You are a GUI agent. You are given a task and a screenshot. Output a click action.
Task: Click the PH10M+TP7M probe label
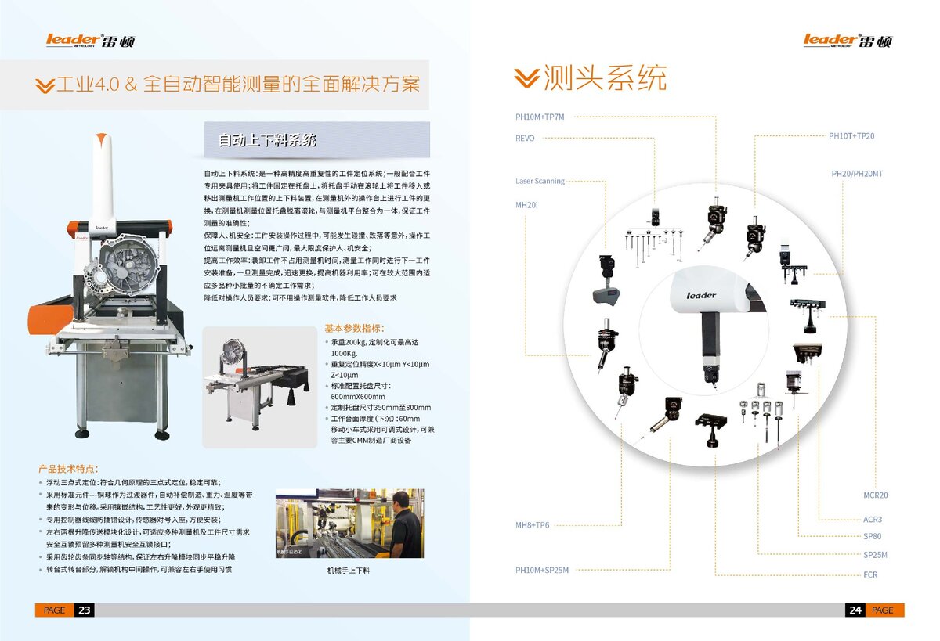(539, 117)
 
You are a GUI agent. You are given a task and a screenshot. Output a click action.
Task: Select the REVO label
(525, 139)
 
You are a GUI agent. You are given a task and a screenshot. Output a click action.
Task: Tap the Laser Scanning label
(540, 182)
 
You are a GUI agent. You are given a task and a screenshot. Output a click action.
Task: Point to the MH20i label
(526, 205)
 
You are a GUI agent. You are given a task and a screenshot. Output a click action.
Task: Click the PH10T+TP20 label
(851, 136)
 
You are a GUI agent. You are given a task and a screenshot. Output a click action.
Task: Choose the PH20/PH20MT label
(856, 174)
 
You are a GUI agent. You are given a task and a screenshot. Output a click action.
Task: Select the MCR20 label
(875, 496)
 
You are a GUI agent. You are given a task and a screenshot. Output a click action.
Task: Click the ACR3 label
(872, 520)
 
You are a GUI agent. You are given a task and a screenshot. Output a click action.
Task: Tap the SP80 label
(872, 537)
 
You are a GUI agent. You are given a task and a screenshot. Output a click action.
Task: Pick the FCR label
(870, 575)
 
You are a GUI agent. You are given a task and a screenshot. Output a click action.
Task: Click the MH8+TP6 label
(532, 525)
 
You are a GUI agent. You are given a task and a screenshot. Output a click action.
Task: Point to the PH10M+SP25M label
(541, 571)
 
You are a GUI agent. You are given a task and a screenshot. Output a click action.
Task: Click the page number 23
(85, 610)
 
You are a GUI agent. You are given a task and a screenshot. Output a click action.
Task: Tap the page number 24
(855, 610)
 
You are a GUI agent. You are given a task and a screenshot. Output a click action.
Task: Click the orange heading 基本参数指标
(355, 329)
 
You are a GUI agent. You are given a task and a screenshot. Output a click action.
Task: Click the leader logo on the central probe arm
(701, 296)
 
